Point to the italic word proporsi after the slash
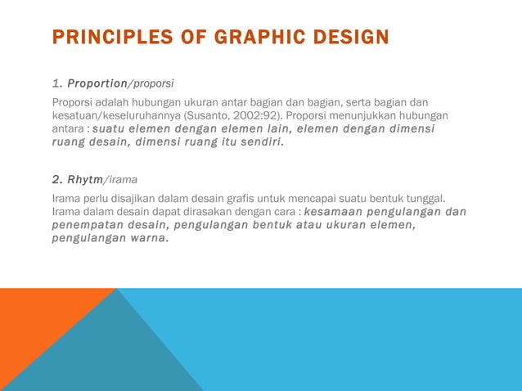pos(153,83)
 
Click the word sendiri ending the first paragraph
pos(259,142)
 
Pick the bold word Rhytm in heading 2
pos(86,179)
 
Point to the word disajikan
pos(130,199)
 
